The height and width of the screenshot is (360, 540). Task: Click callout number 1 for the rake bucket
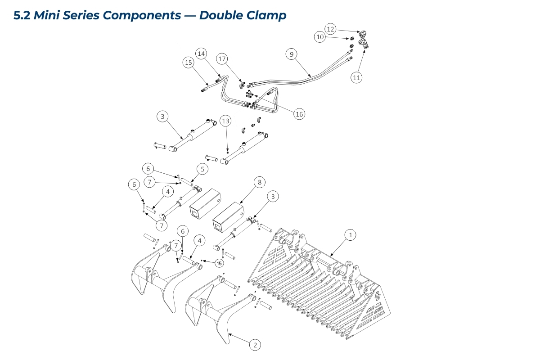[351, 234]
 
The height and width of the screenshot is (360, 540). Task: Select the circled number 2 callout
[255, 345]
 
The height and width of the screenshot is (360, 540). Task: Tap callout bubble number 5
[202, 169]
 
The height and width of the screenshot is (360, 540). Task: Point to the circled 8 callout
[259, 182]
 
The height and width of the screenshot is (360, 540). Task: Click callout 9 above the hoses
[291, 54]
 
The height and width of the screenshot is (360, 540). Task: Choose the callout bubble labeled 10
[320, 37]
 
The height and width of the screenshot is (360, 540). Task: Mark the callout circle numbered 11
[356, 77]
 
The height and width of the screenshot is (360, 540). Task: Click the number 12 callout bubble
[331, 29]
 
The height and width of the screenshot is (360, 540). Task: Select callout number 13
[226, 121]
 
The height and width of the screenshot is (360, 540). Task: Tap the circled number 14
[201, 54]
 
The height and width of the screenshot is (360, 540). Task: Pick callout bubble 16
[299, 114]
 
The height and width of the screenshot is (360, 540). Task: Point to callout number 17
[222, 59]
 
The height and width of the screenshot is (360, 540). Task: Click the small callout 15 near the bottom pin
[219, 263]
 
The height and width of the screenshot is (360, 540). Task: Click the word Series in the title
[79, 15]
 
